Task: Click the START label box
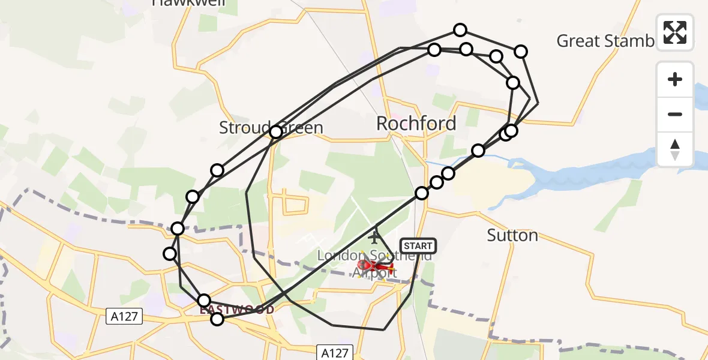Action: pos(418,246)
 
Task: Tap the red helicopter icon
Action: pos(375,265)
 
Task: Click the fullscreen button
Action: pos(675,32)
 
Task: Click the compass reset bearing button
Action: pos(675,149)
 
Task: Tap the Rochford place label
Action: pos(416,124)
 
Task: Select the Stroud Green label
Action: pos(271,127)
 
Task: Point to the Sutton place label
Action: pos(512,235)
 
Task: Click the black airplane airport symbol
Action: pos(376,237)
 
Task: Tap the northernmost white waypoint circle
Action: pos(460,30)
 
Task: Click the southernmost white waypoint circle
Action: pos(217,319)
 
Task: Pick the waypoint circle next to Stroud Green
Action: pos(275,132)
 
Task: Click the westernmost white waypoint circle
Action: pos(170,254)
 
